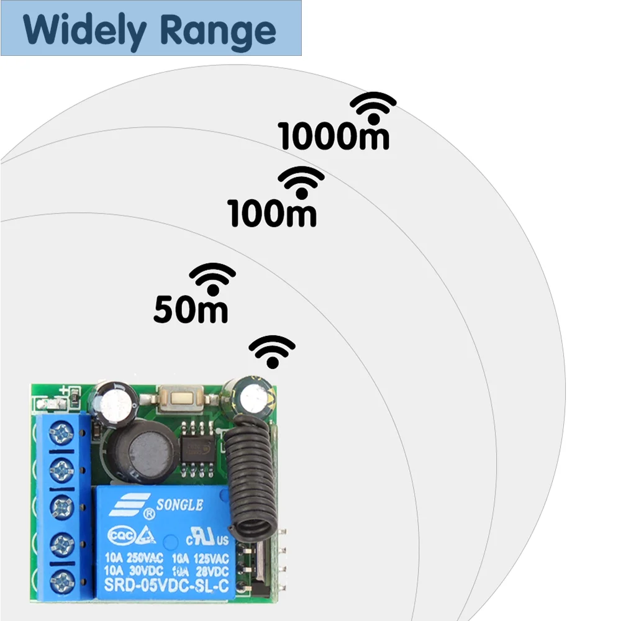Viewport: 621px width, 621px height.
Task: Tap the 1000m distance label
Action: (x=333, y=137)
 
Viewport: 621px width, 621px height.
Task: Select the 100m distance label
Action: (x=273, y=213)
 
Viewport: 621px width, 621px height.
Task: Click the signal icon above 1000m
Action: (x=373, y=107)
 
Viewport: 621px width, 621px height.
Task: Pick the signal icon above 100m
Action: (x=301, y=182)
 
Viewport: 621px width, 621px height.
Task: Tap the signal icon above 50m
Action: (x=212, y=278)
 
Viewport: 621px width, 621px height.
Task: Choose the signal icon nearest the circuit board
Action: (x=272, y=351)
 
